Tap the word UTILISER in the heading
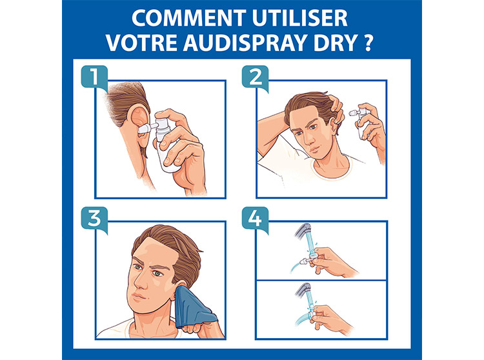point(300,18)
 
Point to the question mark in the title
point(368,43)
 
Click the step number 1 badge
point(94,77)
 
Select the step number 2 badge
point(256,77)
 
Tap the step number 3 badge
point(94,219)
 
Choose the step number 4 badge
point(256,219)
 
